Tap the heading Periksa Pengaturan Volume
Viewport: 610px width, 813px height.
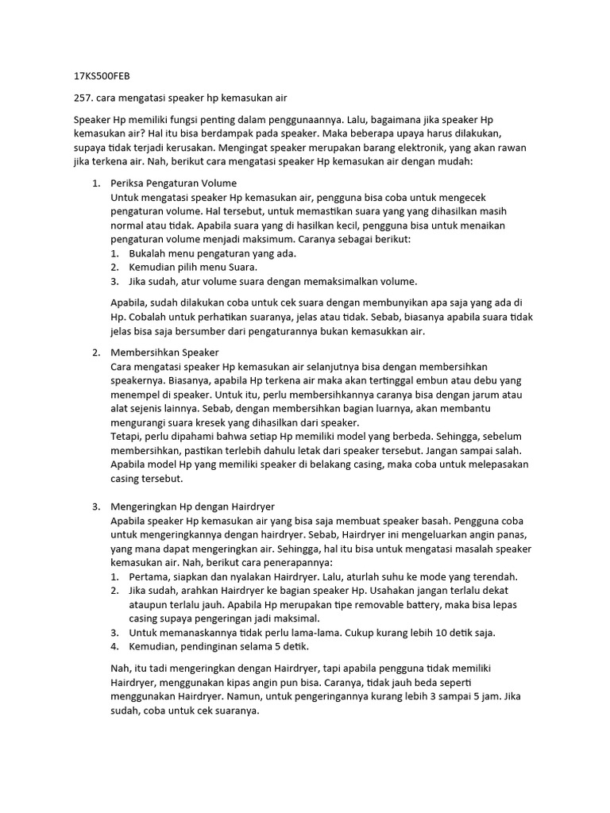tap(174, 183)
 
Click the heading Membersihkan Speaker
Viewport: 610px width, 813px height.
tap(164, 352)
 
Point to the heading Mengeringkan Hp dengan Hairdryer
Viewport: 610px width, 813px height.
tap(193, 507)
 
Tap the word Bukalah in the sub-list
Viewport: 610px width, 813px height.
tap(149, 253)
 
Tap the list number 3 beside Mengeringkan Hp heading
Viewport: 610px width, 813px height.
tap(95, 507)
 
